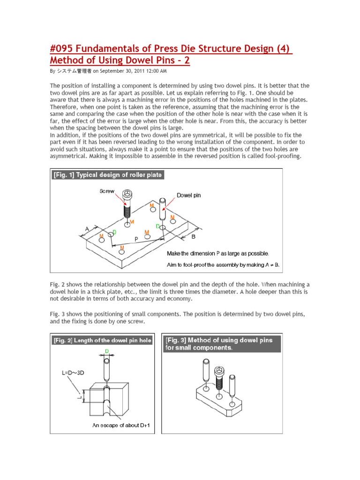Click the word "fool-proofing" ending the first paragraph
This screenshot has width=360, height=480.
[x=280, y=155]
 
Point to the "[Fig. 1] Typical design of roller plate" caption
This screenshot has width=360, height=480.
[x=108, y=175]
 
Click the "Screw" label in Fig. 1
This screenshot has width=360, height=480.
[x=107, y=191]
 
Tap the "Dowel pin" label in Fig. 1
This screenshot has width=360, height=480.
[x=188, y=195]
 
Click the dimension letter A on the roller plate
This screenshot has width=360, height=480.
[x=87, y=229]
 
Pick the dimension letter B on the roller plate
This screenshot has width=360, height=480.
[x=193, y=237]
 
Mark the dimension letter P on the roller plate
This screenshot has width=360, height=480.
[x=136, y=239]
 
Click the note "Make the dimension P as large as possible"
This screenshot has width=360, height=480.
[x=218, y=254]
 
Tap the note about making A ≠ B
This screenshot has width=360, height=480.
[x=223, y=265]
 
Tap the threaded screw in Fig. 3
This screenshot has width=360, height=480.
[x=218, y=380]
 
